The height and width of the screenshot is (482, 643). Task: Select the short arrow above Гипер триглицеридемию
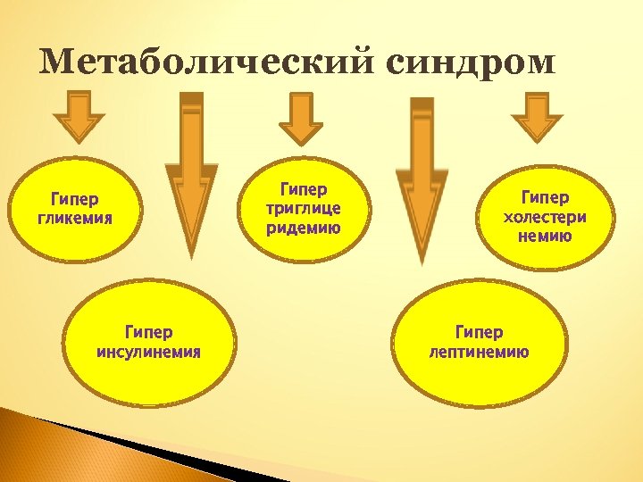click(301, 118)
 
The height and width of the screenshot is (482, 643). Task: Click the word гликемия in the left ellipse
click(75, 218)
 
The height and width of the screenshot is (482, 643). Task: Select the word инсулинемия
click(148, 352)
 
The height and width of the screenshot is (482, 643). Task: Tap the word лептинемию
click(479, 352)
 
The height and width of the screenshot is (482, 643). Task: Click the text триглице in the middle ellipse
click(304, 208)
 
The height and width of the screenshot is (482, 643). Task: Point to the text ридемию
click(304, 227)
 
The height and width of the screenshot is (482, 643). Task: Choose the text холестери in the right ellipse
click(545, 217)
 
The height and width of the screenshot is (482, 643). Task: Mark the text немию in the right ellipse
click(545, 237)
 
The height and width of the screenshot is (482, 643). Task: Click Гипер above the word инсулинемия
click(148, 333)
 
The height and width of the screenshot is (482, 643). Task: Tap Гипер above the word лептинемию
click(479, 333)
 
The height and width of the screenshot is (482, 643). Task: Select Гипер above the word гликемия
click(75, 198)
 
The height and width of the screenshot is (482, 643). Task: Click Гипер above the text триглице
click(304, 189)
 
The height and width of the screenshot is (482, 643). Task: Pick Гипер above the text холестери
click(545, 197)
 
